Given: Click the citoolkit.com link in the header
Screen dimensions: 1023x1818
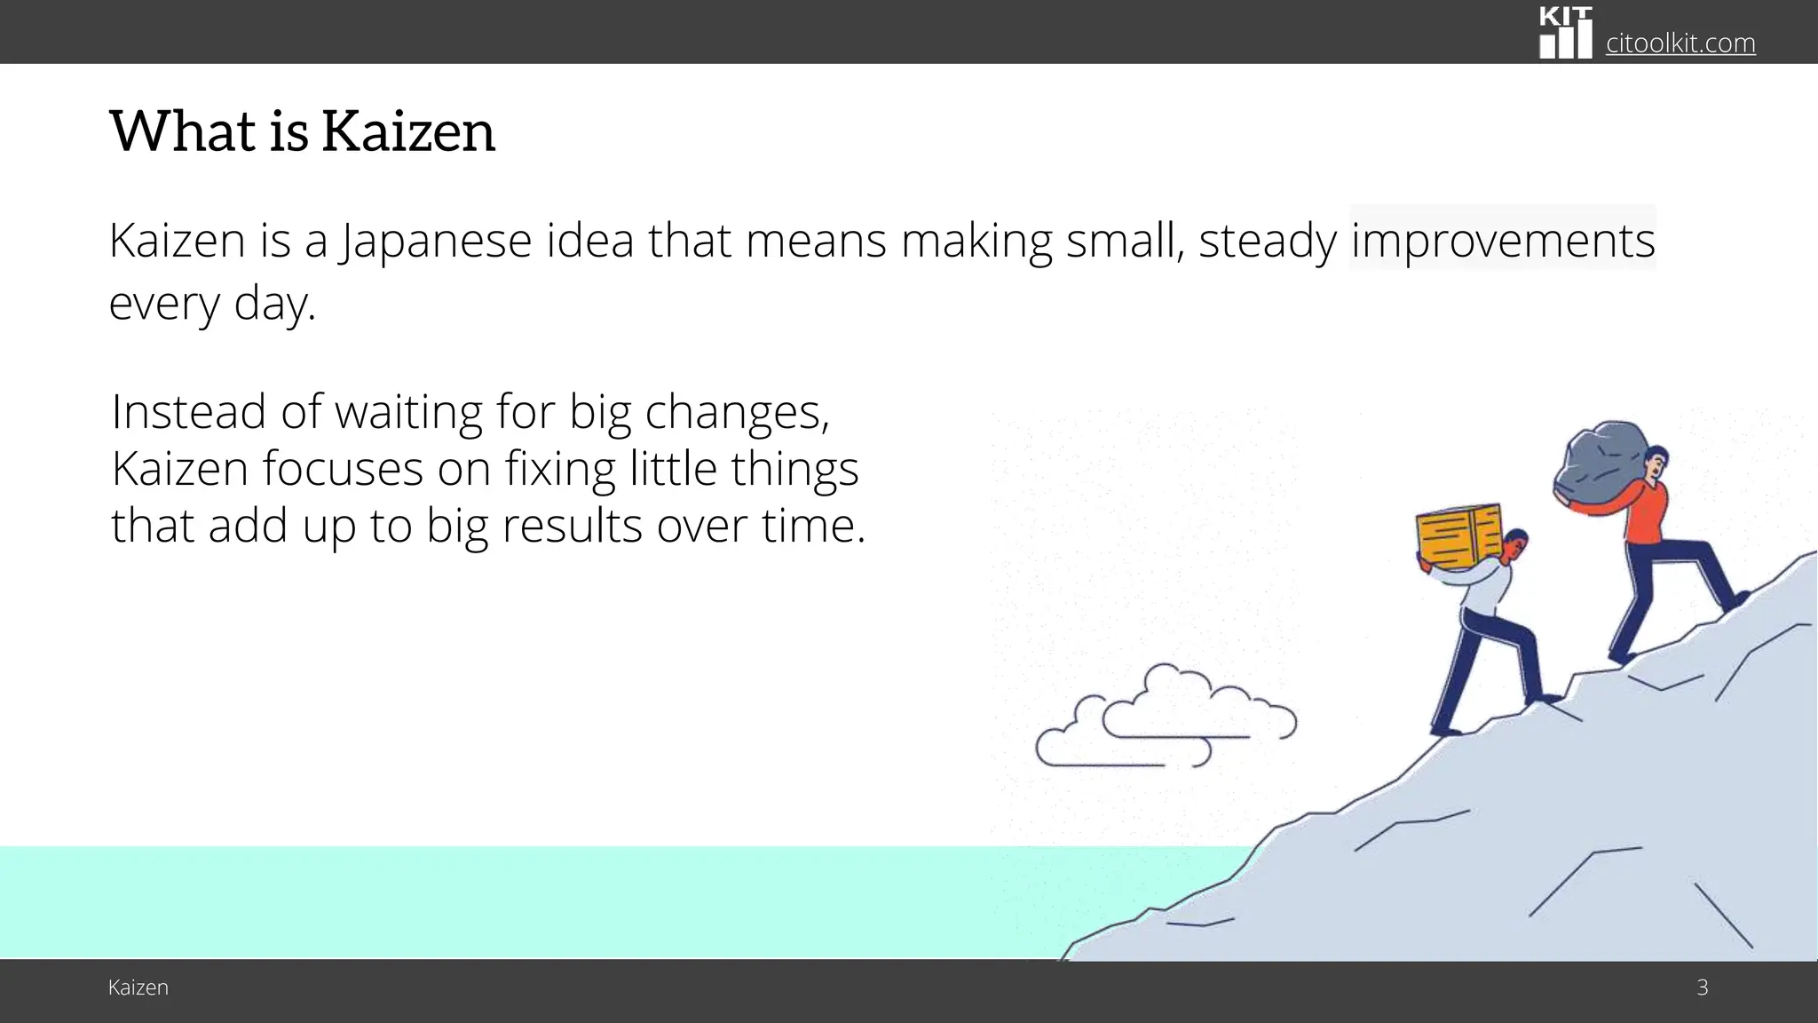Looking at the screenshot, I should [1680, 43].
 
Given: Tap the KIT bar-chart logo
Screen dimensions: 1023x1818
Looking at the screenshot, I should [1565, 33].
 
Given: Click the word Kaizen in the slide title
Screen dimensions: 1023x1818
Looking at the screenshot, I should [407, 131].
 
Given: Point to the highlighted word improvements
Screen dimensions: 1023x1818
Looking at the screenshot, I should [1502, 241].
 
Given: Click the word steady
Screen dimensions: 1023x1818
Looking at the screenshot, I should [1267, 241].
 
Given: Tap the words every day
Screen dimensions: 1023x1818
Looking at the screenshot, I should [212, 304].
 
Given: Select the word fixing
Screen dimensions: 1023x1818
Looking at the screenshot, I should [560, 469].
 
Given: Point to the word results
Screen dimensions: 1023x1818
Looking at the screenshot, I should [572, 526].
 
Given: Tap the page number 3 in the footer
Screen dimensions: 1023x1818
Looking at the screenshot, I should [1702, 987].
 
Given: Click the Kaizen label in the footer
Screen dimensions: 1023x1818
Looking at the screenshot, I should [138, 987].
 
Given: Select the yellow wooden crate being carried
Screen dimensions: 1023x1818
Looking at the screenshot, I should [1458, 536].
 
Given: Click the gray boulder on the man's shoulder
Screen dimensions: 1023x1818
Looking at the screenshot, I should [1601, 465].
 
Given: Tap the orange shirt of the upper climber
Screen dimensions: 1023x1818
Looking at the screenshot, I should [1645, 513].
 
